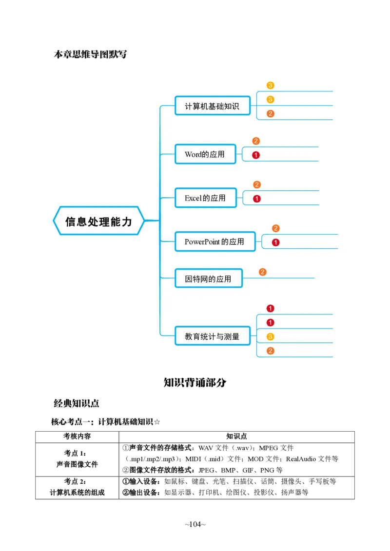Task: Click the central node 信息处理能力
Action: click(99, 221)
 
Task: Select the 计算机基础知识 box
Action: click(212, 106)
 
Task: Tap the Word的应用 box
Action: click(205, 154)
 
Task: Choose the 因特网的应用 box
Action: click(208, 279)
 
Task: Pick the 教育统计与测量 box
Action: click(212, 336)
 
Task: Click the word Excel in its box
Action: click(193, 198)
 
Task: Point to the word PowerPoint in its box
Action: click(202, 241)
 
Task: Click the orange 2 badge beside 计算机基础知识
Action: click(271, 114)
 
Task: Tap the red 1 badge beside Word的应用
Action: click(256, 155)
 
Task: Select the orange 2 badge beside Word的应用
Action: click(256, 141)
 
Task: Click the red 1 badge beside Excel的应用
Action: click(257, 199)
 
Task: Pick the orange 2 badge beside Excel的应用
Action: click(257, 184)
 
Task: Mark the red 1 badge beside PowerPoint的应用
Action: click(275, 242)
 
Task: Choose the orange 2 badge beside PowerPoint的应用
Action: click(275, 228)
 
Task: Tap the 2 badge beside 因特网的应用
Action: click(263, 272)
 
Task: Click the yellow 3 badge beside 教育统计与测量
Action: click(271, 336)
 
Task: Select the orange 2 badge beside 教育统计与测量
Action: click(271, 351)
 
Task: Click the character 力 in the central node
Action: click(127, 221)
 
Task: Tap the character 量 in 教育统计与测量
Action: click(235, 336)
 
